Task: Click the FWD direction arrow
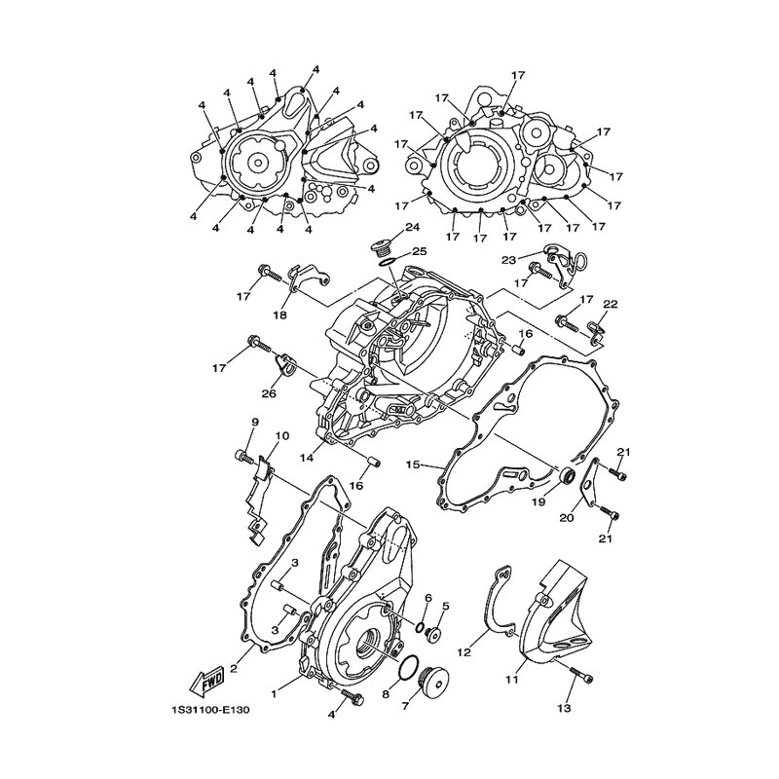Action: pos(206,680)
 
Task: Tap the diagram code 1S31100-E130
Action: pos(208,711)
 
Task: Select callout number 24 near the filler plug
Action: pos(412,228)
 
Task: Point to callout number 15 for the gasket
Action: pos(413,465)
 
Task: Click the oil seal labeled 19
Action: pos(567,476)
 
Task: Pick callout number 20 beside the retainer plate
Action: pos(567,518)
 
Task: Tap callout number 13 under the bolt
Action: pos(565,708)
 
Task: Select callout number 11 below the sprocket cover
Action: pos(512,678)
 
